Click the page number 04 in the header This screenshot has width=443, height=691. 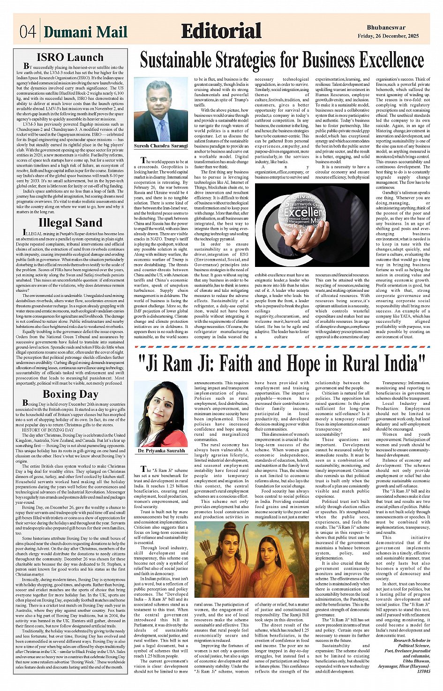28,32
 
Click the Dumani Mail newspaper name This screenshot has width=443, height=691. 85,32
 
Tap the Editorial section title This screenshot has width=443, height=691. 221,31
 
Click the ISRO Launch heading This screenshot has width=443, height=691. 70,57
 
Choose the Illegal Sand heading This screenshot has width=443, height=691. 70,222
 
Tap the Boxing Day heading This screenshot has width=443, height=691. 70,394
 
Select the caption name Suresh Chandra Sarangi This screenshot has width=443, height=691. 161,146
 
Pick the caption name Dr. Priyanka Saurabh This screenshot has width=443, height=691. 161,451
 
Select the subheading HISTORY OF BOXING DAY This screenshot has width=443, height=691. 48,430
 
